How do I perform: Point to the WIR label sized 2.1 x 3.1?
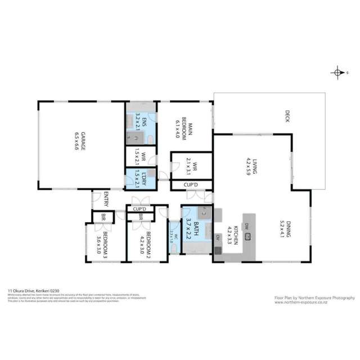(190, 165)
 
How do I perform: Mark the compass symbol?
(337, 73)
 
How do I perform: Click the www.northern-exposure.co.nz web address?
(301, 301)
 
